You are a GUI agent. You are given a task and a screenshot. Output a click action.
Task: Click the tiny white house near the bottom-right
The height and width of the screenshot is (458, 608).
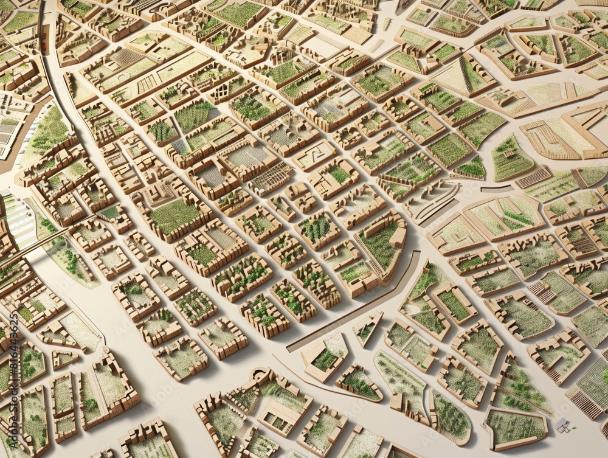point(562,425)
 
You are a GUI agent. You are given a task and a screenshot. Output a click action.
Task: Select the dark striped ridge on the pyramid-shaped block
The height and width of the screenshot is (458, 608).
point(465,74)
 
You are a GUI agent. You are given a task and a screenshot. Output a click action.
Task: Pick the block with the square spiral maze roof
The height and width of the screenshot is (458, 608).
point(314,156)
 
